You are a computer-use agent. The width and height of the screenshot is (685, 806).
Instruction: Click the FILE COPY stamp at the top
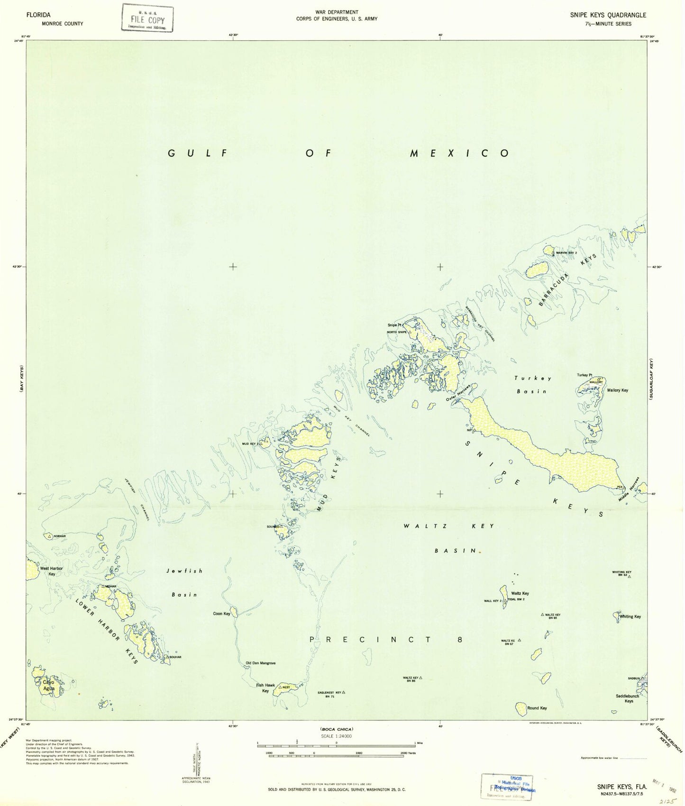[x=147, y=18]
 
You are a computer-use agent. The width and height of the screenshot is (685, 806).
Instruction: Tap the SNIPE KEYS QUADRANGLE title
[x=608, y=15]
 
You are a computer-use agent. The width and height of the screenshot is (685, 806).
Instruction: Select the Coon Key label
[x=221, y=613]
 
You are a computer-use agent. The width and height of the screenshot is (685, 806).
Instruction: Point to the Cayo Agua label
[x=49, y=685]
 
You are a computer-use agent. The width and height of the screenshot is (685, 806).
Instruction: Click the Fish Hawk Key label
[x=265, y=688]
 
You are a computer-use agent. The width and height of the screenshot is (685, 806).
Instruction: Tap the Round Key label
[x=537, y=708]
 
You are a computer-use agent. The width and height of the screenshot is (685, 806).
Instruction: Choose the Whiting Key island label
[x=630, y=617]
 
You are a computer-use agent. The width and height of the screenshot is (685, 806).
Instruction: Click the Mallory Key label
[x=618, y=390]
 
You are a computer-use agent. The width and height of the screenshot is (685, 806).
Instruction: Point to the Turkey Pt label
[x=585, y=375]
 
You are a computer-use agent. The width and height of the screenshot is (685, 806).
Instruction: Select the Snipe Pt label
[x=394, y=325]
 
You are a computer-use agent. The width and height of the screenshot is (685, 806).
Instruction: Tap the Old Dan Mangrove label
[x=260, y=663]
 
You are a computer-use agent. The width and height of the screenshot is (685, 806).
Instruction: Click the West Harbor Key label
[x=51, y=571]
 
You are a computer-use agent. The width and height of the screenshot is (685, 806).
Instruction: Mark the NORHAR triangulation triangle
[x=49, y=536]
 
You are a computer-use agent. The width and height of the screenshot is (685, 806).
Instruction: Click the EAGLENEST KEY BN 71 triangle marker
[x=344, y=692]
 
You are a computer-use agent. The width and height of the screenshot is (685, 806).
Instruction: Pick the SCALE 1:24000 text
[x=336, y=736]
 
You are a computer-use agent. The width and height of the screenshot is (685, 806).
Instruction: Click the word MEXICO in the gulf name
[x=459, y=153]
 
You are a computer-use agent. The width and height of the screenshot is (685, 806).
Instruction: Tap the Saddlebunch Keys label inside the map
[x=628, y=698]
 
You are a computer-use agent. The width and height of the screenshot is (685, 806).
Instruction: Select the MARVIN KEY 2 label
[x=566, y=253]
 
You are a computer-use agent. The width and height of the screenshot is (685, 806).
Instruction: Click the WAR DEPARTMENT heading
[x=337, y=12]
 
